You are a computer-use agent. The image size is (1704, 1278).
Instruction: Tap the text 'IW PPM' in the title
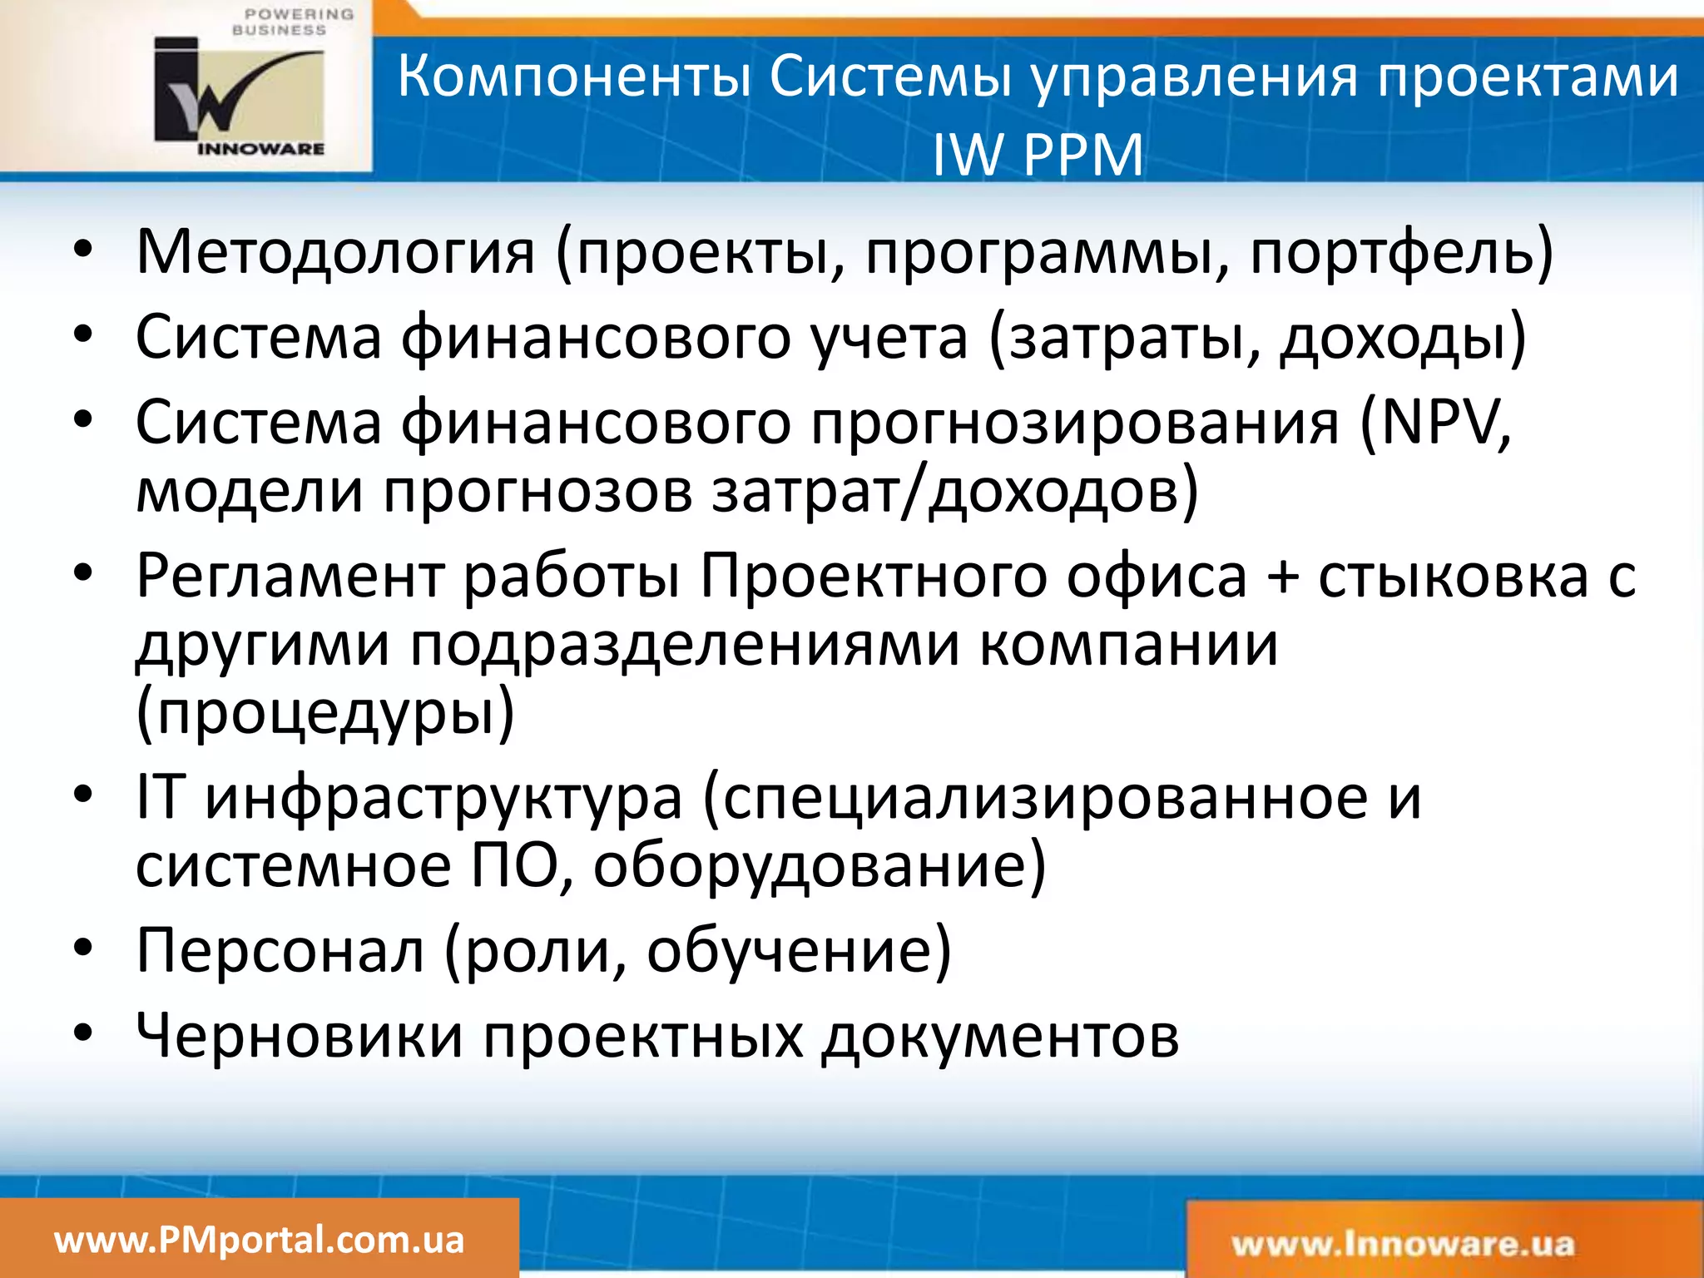pyautogui.click(x=1038, y=155)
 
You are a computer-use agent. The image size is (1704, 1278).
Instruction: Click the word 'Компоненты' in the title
pyautogui.click(x=574, y=77)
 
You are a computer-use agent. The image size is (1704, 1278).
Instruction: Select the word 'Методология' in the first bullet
pyautogui.click(x=335, y=252)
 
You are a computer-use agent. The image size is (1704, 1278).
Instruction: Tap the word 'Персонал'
pyautogui.click(x=280, y=950)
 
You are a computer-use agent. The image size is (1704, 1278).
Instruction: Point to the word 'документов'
pyautogui.click(x=1000, y=1038)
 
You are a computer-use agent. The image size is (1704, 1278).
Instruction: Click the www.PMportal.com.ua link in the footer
pyautogui.click(x=259, y=1240)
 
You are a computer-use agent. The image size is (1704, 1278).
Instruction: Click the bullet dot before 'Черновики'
pyautogui.click(x=82, y=1033)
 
